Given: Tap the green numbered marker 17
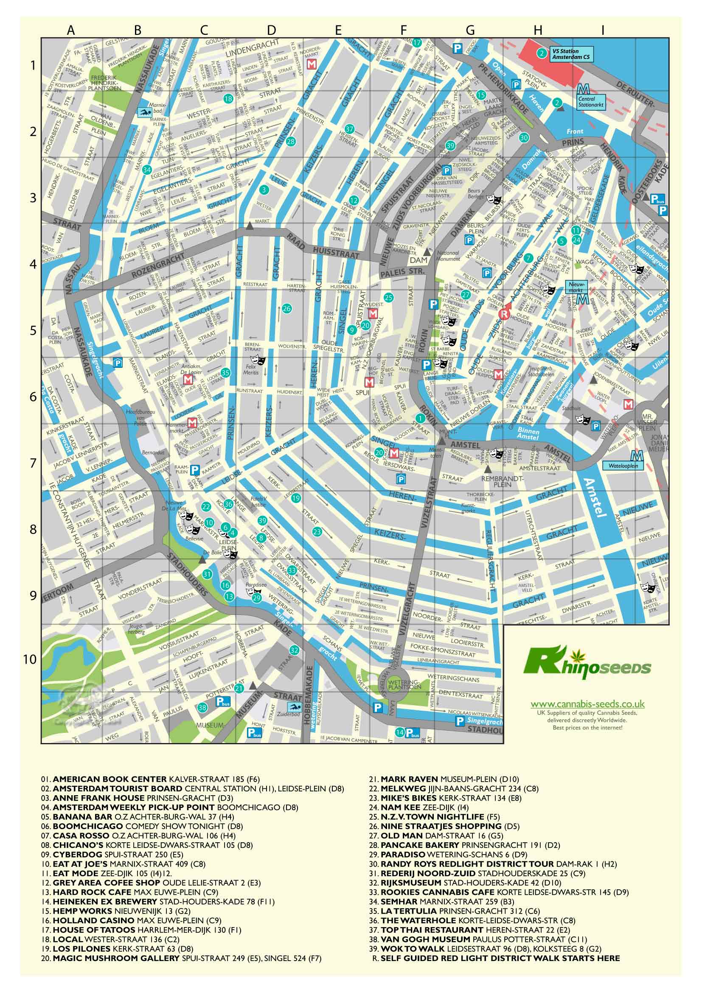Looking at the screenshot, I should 417,43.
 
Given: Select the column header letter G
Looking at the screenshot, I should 470,30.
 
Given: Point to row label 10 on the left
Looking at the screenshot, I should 31,659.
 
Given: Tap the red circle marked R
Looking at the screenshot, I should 503,314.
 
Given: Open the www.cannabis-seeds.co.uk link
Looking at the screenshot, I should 587,704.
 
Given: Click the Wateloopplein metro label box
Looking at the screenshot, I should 623,467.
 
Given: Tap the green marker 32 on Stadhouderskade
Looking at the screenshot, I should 295,650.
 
